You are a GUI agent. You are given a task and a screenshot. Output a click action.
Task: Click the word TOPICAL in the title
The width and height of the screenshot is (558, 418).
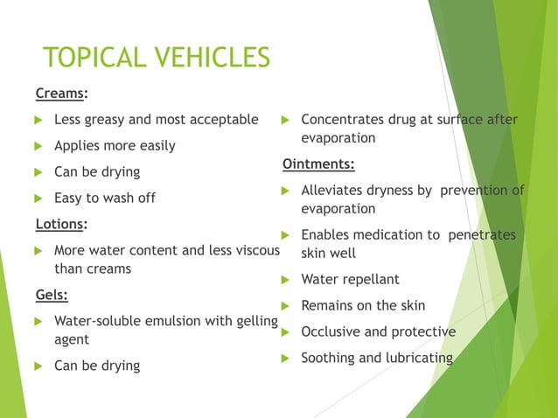(x=94, y=58)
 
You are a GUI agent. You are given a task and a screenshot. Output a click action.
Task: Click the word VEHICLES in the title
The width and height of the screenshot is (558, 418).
(x=211, y=58)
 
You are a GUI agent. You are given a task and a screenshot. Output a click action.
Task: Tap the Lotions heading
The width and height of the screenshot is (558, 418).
(x=60, y=224)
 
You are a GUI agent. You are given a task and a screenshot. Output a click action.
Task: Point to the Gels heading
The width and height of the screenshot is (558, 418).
(x=52, y=294)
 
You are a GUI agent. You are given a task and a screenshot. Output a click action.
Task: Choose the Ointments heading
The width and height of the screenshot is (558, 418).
(x=317, y=164)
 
